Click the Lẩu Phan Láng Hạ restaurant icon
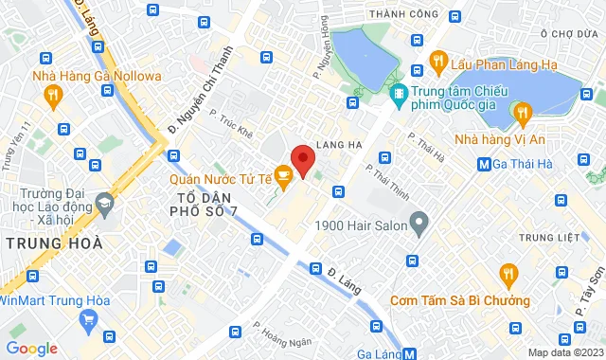pyautogui.click(x=437, y=62)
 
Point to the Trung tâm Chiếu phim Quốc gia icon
pyautogui.click(x=399, y=93)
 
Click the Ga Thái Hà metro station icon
pyautogui.click(x=485, y=162)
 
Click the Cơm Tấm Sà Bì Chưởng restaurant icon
pyautogui.click(x=509, y=276)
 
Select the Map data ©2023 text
pyautogui.click(x=563, y=352)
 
